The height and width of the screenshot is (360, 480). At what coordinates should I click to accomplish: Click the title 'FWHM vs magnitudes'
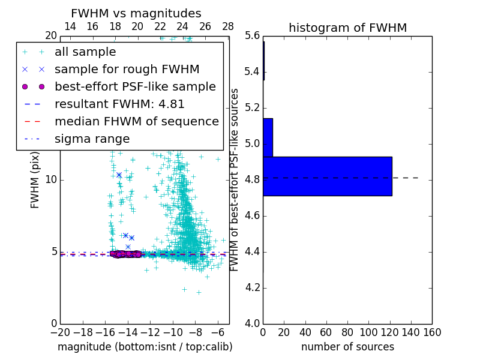136,13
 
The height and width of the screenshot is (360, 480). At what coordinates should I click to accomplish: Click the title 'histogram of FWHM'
347,28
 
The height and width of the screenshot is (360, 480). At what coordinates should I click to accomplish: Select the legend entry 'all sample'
85,52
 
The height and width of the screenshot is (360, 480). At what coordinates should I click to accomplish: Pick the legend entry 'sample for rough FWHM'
127,70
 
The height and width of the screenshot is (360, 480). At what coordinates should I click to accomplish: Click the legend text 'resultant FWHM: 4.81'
119,104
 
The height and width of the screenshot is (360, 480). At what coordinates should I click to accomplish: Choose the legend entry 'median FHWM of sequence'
136,122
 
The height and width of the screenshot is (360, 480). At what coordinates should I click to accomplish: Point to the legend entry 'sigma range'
92,139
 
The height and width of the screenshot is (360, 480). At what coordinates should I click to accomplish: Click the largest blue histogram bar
327,176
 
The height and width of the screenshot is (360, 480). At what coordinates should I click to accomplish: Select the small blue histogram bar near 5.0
268,137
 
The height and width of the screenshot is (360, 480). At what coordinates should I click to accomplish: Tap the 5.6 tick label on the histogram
252,36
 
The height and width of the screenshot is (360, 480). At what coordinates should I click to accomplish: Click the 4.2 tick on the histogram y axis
252,287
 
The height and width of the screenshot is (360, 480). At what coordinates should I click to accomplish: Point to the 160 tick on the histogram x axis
432,332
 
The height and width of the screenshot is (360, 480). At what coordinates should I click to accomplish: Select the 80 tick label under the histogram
347,332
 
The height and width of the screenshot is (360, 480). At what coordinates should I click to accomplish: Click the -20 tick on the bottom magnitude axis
60,332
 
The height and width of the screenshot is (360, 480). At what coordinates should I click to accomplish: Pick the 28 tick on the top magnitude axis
228,27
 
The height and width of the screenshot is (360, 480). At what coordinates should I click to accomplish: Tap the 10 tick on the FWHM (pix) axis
51,180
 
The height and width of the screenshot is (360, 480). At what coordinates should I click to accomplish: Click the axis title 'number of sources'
347,347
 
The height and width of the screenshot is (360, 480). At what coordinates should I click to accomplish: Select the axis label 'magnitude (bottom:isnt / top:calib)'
145,347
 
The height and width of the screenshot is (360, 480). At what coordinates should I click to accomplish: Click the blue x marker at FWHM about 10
119,175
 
